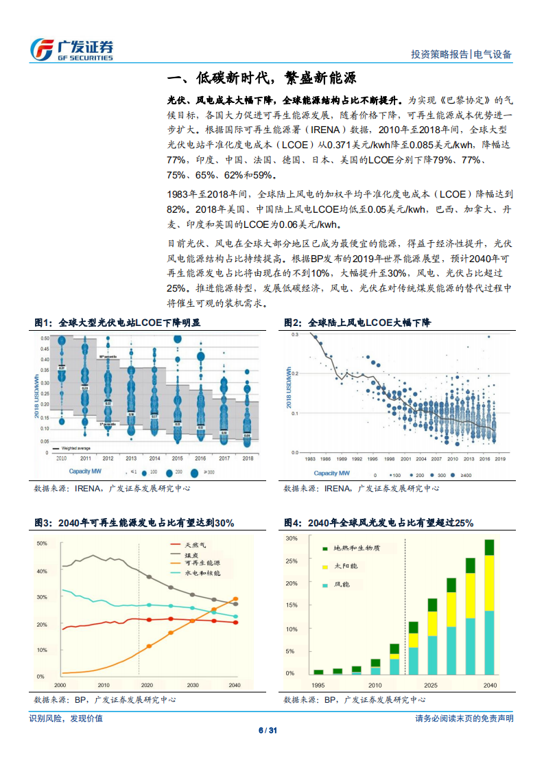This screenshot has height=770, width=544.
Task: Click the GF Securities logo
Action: point(71,49)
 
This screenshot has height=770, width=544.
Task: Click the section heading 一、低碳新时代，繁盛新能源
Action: point(262,77)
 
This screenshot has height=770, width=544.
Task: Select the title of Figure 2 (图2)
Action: point(357,323)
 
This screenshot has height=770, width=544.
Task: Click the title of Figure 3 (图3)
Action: point(134,523)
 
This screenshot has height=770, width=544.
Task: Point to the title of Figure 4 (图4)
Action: point(379,523)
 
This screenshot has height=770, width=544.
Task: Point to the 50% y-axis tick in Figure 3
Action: point(41,544)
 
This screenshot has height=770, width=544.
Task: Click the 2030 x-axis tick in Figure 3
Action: point(193,685)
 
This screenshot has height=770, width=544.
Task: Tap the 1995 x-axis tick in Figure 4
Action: point(318,685)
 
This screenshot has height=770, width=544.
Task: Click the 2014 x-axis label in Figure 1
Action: point(155,458)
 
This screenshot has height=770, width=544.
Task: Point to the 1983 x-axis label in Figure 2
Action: point(311,458)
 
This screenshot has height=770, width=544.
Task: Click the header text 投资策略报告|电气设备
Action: point(461,55)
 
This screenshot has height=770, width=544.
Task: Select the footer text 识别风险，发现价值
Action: point(66,719)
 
